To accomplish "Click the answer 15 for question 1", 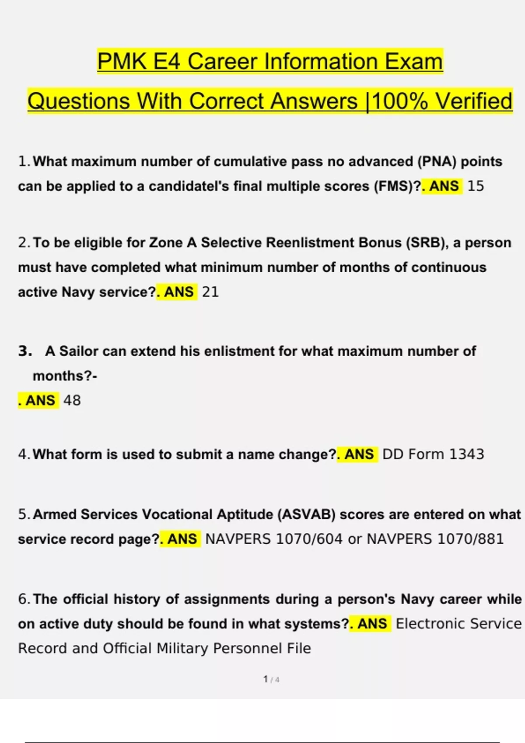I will [476, 186].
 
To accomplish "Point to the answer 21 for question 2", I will [210, 292].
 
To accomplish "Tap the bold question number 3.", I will [25, 351].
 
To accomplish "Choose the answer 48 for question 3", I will [72, 400].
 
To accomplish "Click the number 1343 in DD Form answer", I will [466, 455].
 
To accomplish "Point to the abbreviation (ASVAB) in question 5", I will [306, 514].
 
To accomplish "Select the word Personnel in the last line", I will [248, 648].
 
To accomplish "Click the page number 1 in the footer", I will [266, 679].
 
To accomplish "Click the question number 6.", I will [23, 599].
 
